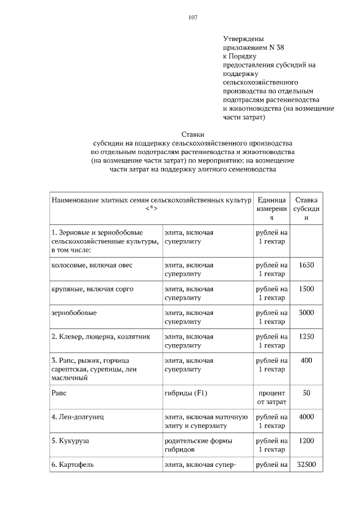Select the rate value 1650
307,264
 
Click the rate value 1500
307,289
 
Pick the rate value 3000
307,313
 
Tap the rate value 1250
307,337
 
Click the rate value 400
307,361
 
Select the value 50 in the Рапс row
307,393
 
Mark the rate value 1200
307,441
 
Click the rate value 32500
307,465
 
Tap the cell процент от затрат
272,397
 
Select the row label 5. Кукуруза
70,441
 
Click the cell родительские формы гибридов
198,445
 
